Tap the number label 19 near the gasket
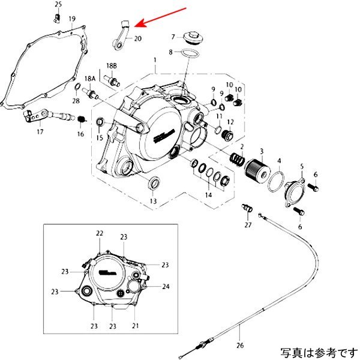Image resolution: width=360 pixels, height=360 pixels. click(x=71, y=19)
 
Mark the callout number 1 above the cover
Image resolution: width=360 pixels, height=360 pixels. click(x=155, y=61)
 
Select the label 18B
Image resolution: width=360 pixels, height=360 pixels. click(x=112, y=65)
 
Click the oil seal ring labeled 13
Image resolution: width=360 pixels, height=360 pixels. click(x=154, y=182)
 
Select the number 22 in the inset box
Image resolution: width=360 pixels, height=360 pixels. click(x=100, y=233)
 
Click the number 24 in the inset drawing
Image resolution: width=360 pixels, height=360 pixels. click(x=166, y=287)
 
